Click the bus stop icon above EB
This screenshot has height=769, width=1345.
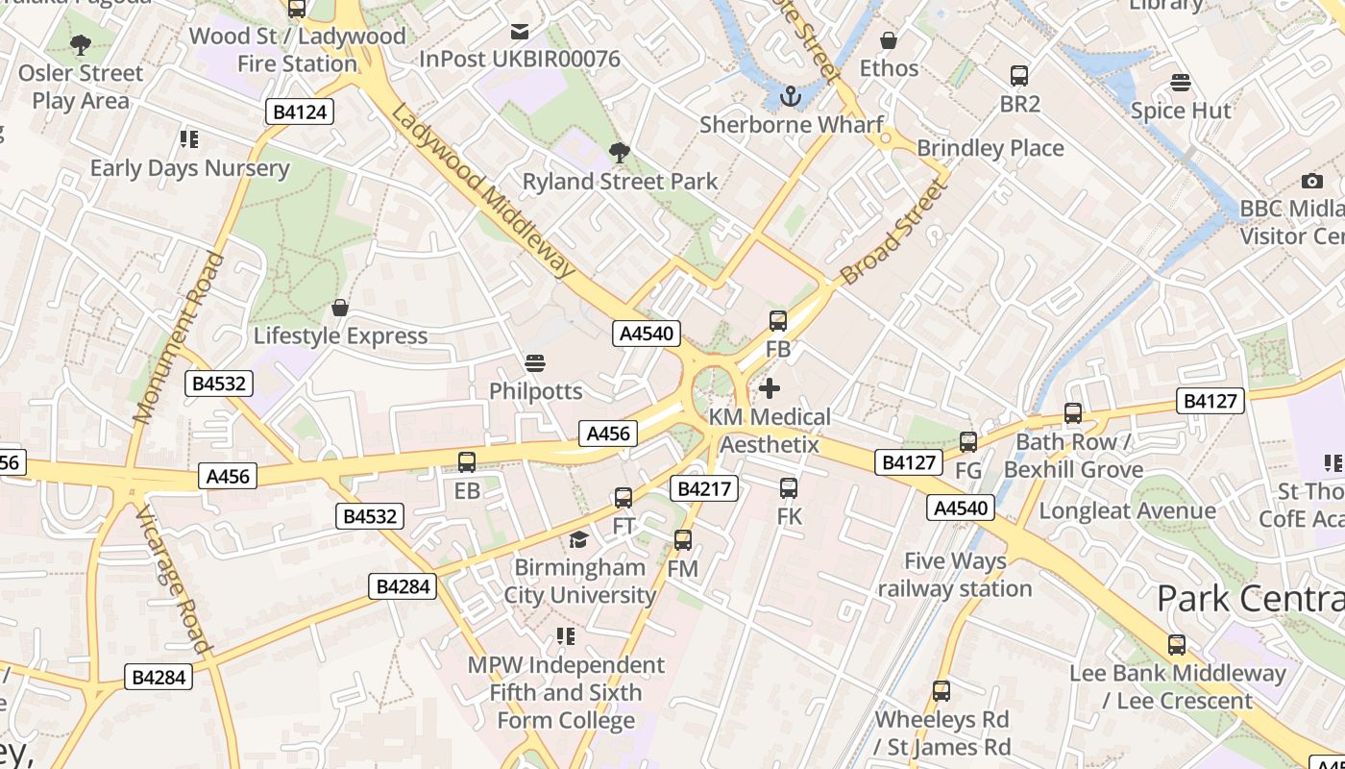tap(467, 461)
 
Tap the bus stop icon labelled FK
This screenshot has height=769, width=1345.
tap(789, 487)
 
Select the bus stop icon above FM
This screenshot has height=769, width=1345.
tap(683, 540)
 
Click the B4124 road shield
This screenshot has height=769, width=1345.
tap(300, 112)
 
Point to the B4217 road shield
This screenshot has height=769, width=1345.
tap(704, 488)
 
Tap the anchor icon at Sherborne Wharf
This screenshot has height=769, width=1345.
tap(790, 96)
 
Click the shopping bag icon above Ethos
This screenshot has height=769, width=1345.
tap(889, 41)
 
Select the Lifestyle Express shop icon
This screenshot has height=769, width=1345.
tap(339, 308)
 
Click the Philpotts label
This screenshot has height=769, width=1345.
tap(535, 391)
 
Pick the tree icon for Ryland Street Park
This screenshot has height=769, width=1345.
tap(620, 152)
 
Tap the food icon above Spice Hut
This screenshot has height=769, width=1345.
tap(1180, 83)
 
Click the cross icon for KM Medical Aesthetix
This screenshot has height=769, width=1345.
tap(770, 388)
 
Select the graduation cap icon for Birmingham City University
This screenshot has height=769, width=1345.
tap(578, 539)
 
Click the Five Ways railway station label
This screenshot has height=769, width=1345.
tap(954, 574)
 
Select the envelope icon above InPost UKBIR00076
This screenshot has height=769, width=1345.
tap(520, 32)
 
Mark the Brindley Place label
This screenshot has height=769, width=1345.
tap(990, 148)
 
